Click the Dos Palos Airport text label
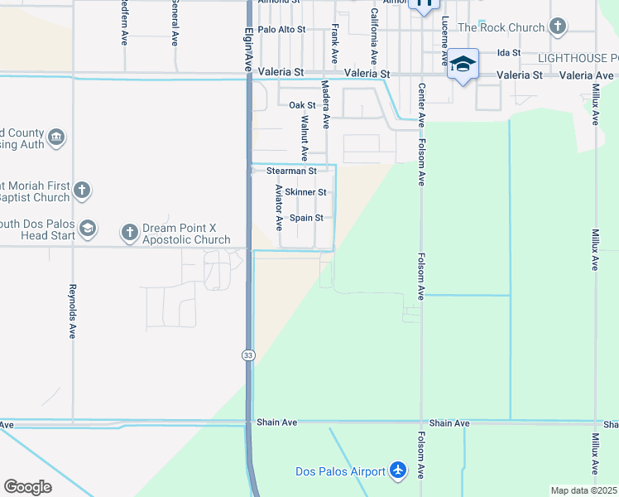click(340, 471)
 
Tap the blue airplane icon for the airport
click(399, 470)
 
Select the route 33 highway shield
click(248, 355)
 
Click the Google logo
click(28, 487)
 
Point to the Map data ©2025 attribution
click(583, 490)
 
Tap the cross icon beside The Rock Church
click(558, 27)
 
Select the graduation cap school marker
click(463, 65)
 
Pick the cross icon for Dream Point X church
click(130, 233)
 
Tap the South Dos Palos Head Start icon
click(88, 228)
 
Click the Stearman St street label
click(291, 171)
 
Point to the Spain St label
click(305, 218)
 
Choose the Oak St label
click(302, 105)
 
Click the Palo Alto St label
click(281, 29)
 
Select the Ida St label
click(508, 52)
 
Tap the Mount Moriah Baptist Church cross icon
click(81, 191)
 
